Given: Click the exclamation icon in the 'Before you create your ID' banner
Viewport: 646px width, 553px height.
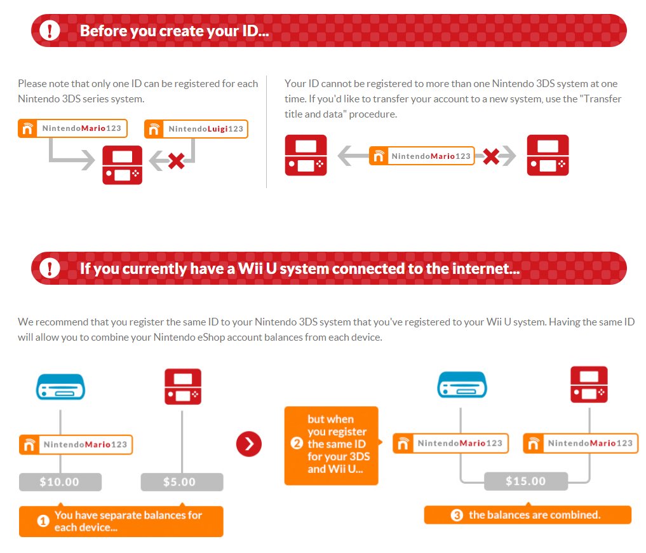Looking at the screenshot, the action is (50, 31).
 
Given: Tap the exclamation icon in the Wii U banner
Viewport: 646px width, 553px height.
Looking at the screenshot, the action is (50, 268).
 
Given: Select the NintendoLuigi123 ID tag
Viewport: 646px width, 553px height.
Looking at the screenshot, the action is (196, 129).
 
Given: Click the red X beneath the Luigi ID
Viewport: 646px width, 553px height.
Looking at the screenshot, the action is (177, 161).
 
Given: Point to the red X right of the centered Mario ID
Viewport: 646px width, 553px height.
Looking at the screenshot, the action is (491, 156).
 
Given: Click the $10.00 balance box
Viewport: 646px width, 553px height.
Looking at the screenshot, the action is (60, 482).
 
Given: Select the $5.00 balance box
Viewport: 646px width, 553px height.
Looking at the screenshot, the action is (182, 482).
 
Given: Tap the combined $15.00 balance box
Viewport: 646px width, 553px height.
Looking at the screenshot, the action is (526, 481).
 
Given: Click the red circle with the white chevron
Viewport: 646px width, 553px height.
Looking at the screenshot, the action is (249, 444).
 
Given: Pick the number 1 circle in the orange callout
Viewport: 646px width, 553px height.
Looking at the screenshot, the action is (43, 521).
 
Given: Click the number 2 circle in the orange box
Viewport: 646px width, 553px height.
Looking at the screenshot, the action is (297, 444).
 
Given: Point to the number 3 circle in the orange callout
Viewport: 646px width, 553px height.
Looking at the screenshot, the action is (457, 515).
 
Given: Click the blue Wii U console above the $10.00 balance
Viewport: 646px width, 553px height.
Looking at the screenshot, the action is (60, 387).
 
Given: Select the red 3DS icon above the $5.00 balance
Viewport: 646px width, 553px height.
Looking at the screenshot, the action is (183, 387).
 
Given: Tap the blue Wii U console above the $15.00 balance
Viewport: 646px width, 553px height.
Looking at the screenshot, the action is (462, 385).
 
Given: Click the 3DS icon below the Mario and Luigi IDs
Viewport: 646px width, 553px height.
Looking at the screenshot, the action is (123, 165).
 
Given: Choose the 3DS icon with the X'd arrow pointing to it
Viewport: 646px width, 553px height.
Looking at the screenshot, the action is (548, 155).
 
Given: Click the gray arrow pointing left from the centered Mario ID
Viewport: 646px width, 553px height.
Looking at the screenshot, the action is (353, 156).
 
